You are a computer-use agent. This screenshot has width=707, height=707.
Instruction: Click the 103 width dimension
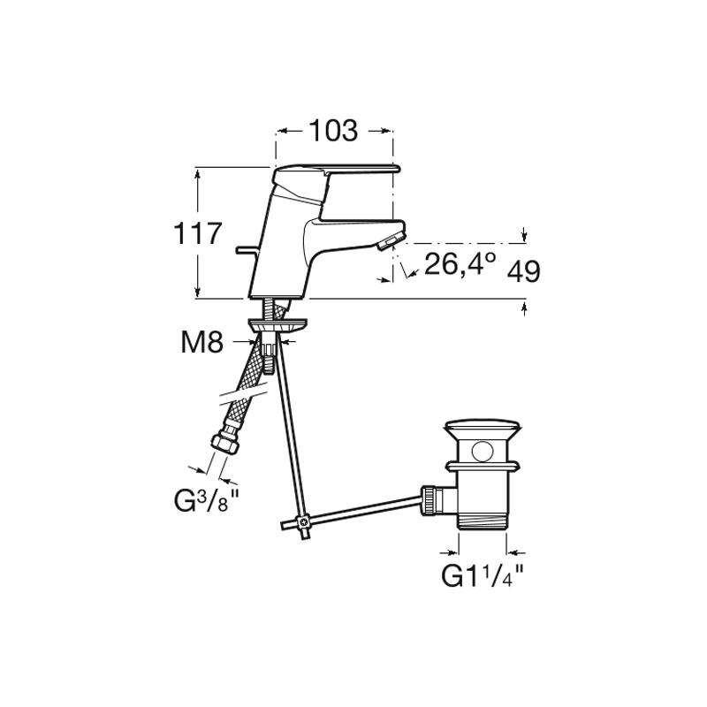(333, 131)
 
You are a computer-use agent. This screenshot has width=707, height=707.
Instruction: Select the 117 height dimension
(198, 233)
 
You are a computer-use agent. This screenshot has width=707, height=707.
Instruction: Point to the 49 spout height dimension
(523, 271)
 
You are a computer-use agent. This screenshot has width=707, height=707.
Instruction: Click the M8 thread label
(202, 342)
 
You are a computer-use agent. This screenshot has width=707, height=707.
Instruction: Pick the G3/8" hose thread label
(206, 501)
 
